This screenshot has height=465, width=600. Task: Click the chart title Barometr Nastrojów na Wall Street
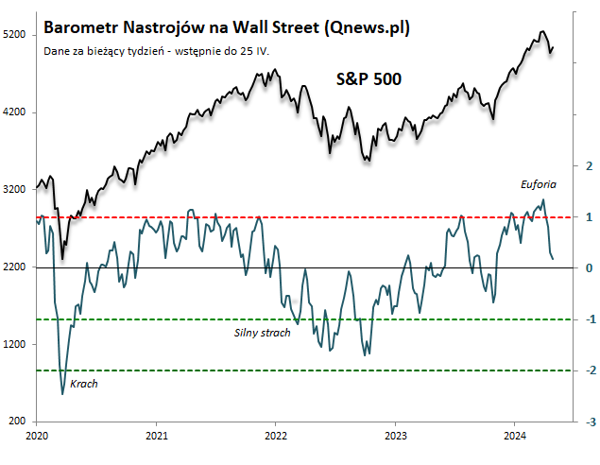[x=227, y=27]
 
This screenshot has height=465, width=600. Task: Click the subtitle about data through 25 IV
[x=156, y=50]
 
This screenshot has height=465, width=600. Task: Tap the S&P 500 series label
[x=369, y=79]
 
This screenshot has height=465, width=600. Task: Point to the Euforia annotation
[x=539, y=183]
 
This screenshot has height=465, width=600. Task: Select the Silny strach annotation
[x=262, y=333]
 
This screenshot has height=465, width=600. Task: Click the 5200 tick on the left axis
[x=14, y=35]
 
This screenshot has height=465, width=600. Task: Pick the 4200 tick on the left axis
[x=14, y=112]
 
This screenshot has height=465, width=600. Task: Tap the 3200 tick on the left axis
[x=14, y=190]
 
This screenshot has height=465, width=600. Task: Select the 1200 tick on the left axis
[x=14, y=345]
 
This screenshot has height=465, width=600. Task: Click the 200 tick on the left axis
[x=17, y=422]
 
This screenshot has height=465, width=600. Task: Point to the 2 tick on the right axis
[x=589, y=165]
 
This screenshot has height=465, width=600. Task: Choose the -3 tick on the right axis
[x=587, y=422]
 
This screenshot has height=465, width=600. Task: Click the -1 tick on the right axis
[x=587, y=319]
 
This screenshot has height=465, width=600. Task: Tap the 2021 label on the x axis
[x=157, y=436]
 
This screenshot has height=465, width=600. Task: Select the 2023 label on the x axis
[x=395, y=436]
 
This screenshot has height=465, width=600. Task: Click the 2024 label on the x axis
[x=514, y=436]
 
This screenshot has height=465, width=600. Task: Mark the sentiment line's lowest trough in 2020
[x=63, y=393]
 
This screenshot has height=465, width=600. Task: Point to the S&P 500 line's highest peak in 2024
[x=541, y=31]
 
